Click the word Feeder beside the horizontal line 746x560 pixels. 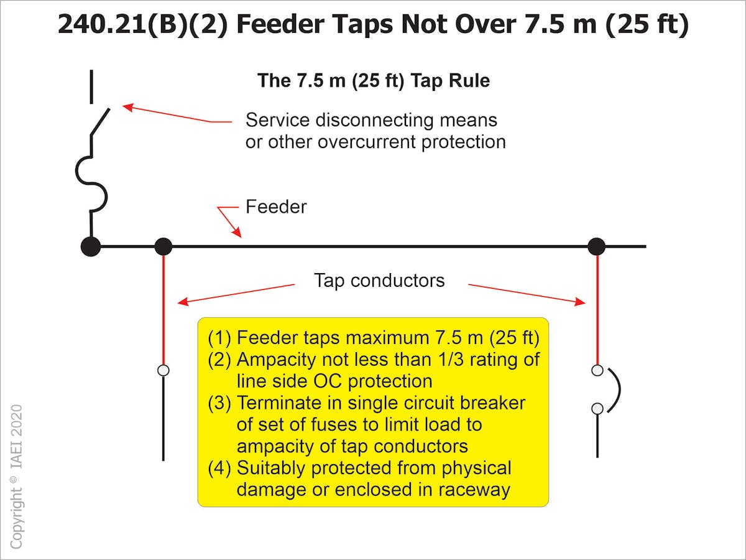coord(276,207)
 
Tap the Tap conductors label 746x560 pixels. coord(379,281)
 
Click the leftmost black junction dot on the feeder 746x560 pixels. coord(91,246)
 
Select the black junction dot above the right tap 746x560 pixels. coord(596,246)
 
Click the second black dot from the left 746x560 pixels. coord(163,246)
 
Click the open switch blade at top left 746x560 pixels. coord(100,121)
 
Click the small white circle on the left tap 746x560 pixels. coord(163,370)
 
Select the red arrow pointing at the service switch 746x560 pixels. coord(174,114)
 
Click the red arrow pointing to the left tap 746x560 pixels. coord(236,294)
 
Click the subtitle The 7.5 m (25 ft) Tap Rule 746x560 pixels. coord(373,81)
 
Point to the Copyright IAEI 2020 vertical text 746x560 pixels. coord(16,476)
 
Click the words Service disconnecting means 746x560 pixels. coord(371,119)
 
